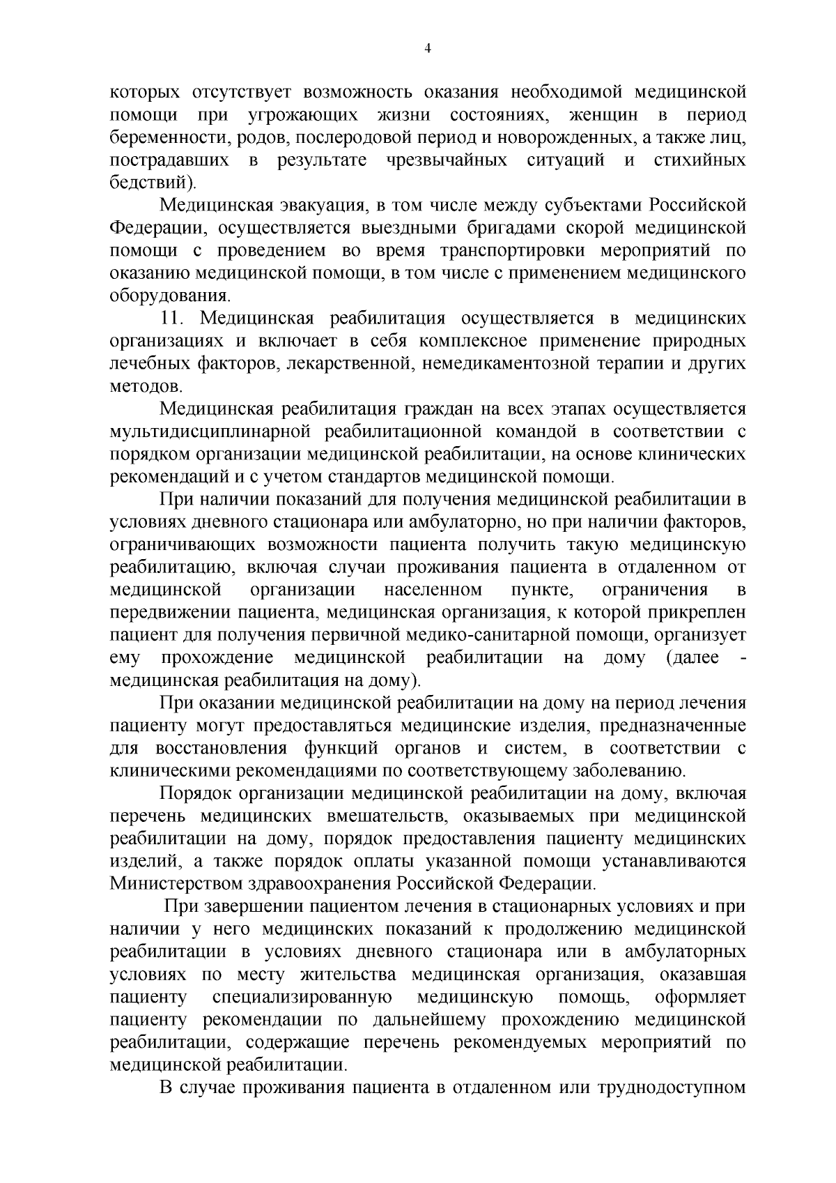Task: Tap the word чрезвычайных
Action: tap(447, 160)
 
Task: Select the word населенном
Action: tap(433, 590)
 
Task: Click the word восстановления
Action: tap(221, 749)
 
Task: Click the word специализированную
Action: tap(302, 998)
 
